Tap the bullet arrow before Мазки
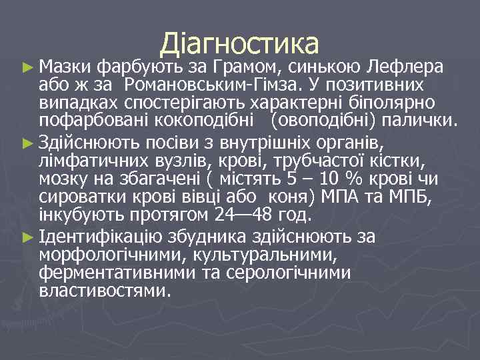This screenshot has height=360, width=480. pos(27,67)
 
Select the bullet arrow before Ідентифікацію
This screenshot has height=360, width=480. pos(27,237)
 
